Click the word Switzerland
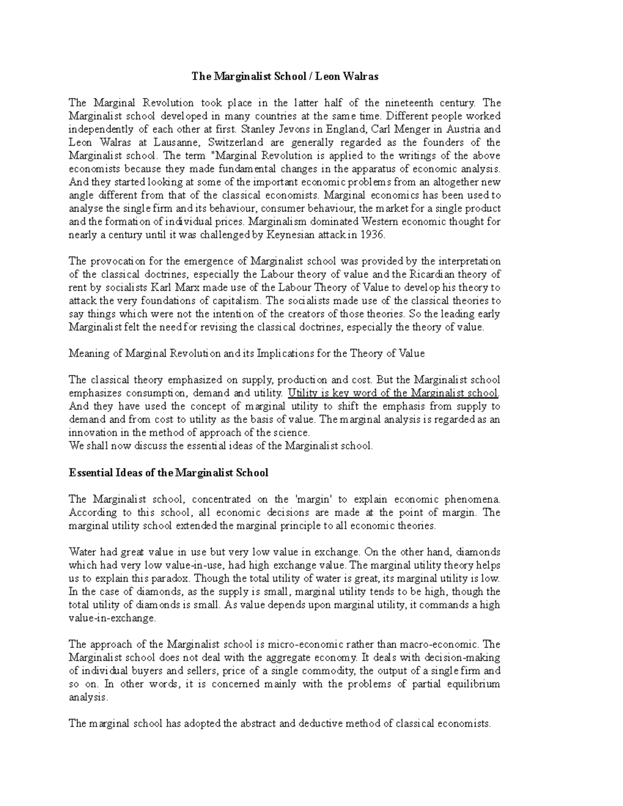[238, 142]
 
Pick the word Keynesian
[291, 235]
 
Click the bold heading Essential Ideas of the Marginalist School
[169, 472]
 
